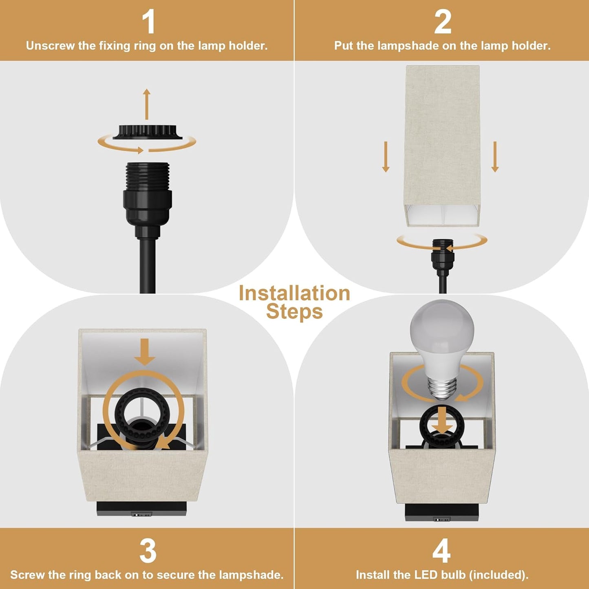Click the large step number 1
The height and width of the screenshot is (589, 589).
click(149, 22)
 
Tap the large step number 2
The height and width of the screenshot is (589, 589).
click(442, 22)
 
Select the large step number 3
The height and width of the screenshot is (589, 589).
click(148, 551)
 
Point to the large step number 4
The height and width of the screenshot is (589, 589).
click(441, 551)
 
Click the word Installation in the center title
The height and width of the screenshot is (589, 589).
click(294, 293)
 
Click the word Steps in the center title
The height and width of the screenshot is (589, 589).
click(294, 312)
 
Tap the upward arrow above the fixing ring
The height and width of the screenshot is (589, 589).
click(147, 104)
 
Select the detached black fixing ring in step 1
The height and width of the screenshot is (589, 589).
click(147, 132)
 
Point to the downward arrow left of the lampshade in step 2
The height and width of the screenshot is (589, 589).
click(386, 157)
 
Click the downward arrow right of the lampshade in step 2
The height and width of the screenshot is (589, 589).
click(495, 157)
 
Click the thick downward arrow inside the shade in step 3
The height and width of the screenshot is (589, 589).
click(145, 352)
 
